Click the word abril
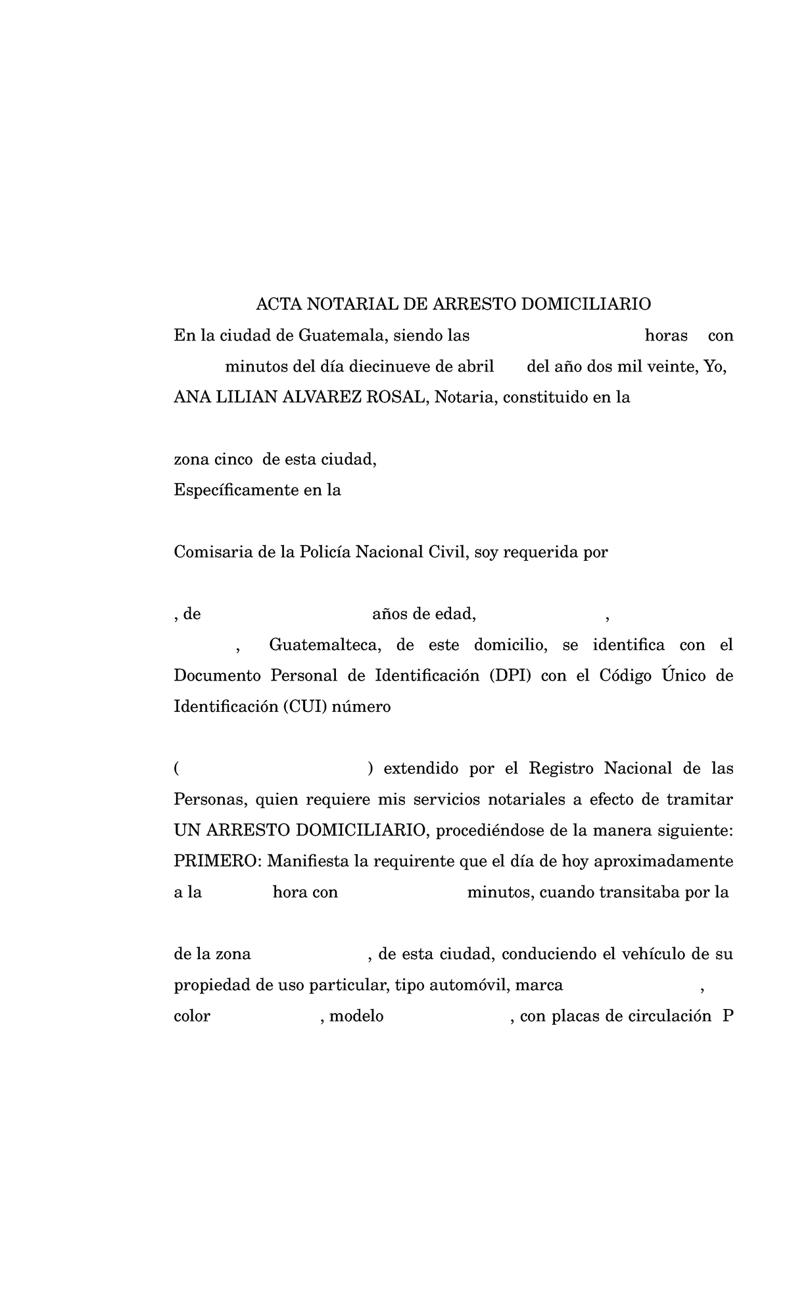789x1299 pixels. (476, 367)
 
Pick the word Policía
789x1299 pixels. (325, 552)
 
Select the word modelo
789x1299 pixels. (356, 1016)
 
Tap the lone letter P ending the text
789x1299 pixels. (727, 1016)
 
